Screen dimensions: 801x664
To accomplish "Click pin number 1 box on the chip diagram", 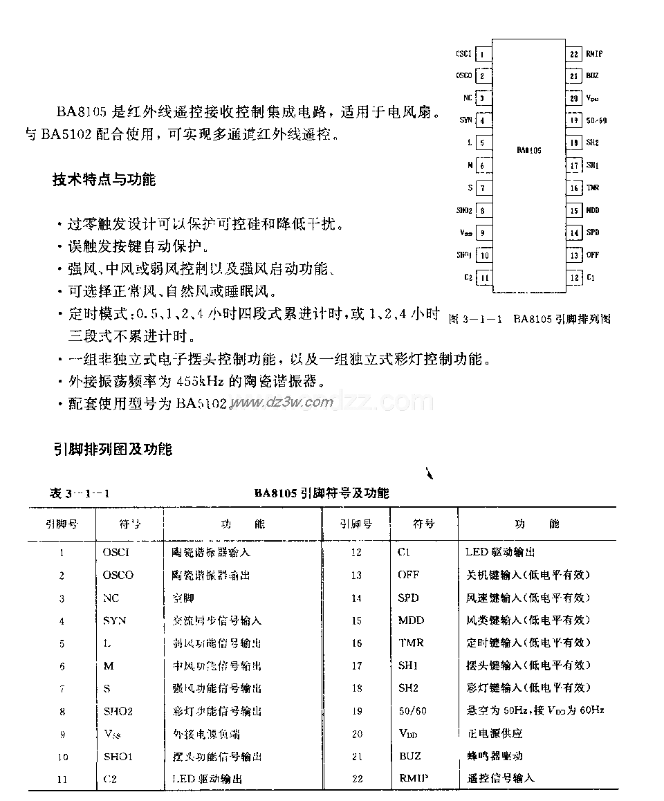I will (483, 54).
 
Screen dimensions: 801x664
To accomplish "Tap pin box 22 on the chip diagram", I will (573, 53).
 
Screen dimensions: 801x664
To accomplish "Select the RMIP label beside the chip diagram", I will (594, 53).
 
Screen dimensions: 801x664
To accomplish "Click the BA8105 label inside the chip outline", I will (529, 149).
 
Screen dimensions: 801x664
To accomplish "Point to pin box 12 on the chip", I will (574, 277).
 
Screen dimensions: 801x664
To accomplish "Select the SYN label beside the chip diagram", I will (465, 120).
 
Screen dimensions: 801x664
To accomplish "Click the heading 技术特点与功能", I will (104, 180).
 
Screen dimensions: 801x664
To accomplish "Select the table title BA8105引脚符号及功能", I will (321, 493).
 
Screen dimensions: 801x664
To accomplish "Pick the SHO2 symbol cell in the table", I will (118, 711).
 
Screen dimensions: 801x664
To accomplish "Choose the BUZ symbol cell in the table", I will (409, 756).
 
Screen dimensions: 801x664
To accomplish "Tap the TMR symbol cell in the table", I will (411, 643).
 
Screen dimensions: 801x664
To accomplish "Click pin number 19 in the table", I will (356, 711).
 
